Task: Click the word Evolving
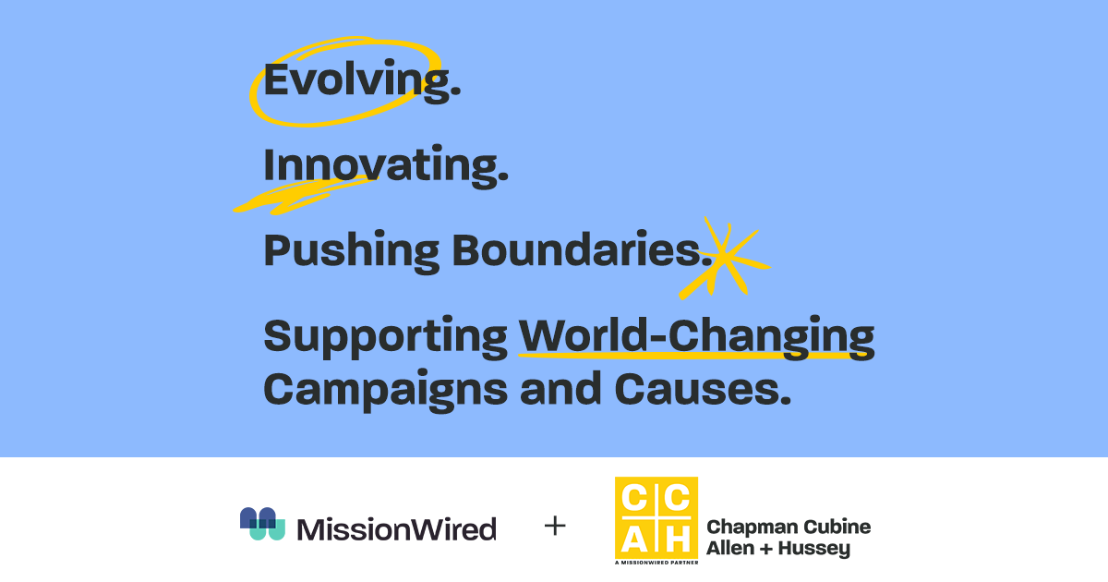361,81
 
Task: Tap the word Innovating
385,166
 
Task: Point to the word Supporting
385,337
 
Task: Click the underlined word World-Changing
696,337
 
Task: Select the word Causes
703,389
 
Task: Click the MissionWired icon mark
262,525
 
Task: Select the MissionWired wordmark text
397,528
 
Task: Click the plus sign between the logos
555,527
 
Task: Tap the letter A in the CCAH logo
635,538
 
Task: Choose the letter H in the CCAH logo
677,538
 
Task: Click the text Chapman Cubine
788,527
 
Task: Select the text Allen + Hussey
777,549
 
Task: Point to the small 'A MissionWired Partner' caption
656,561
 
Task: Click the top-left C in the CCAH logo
635,498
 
